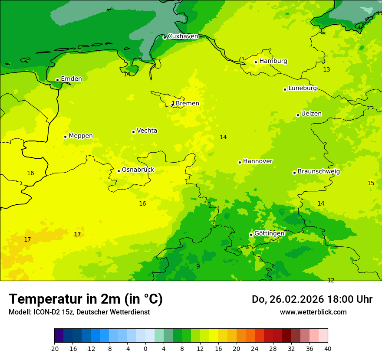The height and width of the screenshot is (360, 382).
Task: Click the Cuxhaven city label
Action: point(183,36)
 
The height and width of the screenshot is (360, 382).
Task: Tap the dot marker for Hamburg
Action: point(256,62)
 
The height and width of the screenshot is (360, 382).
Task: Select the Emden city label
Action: point(71,79)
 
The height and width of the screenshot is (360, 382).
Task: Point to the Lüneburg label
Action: point(302,88)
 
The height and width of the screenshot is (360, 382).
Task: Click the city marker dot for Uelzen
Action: point(298,115)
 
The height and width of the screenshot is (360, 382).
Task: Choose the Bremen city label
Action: point(187,104)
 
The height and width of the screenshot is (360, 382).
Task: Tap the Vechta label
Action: point(147,131)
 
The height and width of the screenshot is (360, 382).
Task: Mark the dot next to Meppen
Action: point(65,137)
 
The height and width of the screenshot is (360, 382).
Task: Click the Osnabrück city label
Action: point(138,170)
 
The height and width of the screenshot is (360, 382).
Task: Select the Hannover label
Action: point(257,161)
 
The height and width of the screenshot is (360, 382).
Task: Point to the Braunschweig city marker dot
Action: point(294,173)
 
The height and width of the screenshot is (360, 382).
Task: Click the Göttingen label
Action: point(269,234)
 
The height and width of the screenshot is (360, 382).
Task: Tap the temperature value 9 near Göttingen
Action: point(198,266)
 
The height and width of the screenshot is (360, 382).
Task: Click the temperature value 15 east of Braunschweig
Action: point(371,183)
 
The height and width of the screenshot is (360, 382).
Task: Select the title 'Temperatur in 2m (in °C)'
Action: point(86,299)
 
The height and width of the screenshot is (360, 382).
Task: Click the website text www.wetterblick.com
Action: point(313,312)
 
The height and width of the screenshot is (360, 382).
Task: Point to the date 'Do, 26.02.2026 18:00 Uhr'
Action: point(312,299)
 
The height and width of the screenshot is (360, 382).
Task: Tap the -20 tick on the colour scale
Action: point(54,349)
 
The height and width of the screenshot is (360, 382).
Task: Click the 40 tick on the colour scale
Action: point(328,349)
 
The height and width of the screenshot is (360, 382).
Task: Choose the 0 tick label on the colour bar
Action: point(145,349)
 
